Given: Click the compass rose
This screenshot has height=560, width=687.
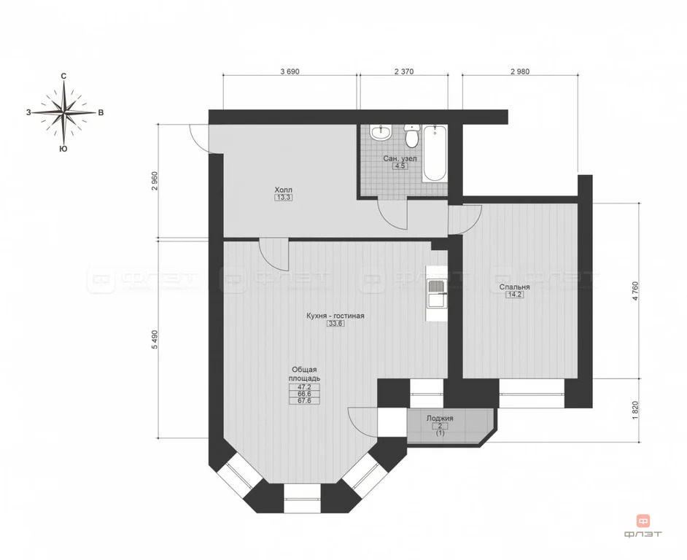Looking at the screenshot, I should (65, 112).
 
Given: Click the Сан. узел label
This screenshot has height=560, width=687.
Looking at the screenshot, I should (400, 157).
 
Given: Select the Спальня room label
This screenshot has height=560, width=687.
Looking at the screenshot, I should (514, 287).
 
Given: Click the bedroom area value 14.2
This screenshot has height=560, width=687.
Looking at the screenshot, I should (514, 296).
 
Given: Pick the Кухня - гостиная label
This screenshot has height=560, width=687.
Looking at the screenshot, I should (335, 316).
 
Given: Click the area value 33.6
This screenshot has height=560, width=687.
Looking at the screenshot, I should (335, 325).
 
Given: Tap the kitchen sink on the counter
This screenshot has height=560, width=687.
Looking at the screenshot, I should (435, 293).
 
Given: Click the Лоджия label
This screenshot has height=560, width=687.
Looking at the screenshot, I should (440, 419).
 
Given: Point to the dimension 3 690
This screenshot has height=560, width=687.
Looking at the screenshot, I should (290, 71).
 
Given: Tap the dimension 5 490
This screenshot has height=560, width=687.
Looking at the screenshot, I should (154, 341).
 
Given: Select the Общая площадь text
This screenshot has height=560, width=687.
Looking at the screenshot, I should (304, 374).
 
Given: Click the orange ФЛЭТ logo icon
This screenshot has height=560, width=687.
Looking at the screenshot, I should (643, 521).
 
